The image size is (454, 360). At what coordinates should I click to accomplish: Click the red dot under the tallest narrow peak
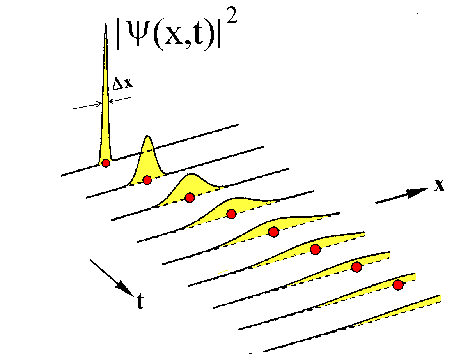(106, 163)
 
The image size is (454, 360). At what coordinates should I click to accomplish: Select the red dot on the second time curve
(147, 180)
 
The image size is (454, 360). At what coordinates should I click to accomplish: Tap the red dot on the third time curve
(190, 198)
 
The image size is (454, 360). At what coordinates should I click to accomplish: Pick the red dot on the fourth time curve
(231, 214)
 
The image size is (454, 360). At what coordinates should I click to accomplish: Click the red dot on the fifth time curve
(274, 231)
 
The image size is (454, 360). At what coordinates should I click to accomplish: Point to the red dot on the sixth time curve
(315, 249)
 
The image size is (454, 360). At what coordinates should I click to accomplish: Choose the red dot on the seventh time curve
(357, 267)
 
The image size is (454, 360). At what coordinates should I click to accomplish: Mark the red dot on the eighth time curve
(398, 285)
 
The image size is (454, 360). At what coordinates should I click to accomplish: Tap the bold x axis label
(439, 185)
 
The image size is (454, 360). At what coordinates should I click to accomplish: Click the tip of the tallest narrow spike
(105, 24)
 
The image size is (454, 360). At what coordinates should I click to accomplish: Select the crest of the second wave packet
(148, 136)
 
